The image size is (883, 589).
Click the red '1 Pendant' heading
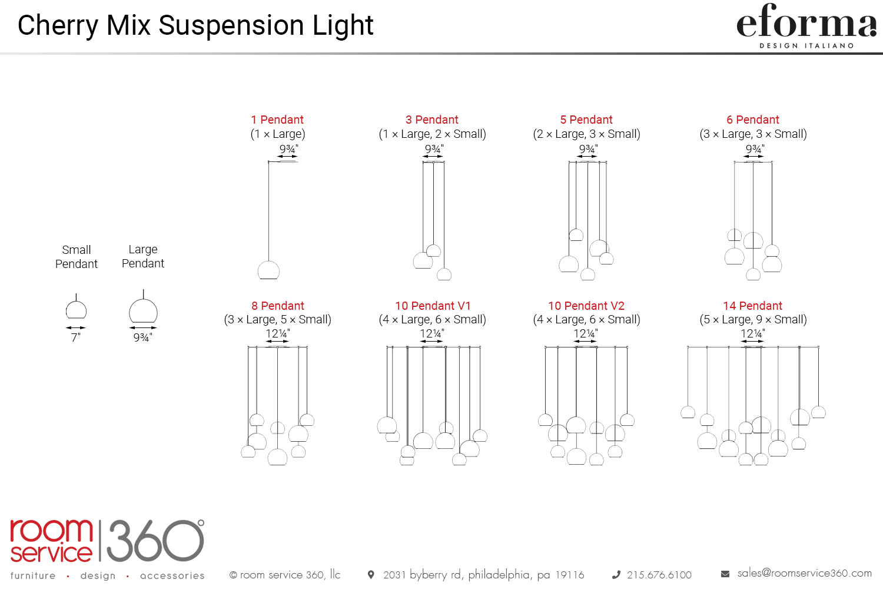tap(277, 120)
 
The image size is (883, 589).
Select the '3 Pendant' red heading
tap(432, 120)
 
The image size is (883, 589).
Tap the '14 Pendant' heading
tap(752, 306)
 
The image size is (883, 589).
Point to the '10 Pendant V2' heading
tap(586, 306)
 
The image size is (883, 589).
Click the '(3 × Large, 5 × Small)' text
tap(277, 320)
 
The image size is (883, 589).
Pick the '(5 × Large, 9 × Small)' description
tap(753, 320)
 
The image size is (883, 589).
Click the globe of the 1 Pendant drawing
tap(268, 270)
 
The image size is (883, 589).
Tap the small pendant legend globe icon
tap(76, 309)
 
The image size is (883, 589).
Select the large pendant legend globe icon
tap(143, 311)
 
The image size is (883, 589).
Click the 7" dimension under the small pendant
tap(76, 337)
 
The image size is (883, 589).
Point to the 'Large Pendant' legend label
tap(142, 256)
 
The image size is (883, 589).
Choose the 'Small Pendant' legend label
tap(77, 257)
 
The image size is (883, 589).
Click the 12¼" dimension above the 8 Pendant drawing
tap(277, 334)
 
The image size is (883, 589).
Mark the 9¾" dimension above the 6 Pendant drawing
tap(755, 150)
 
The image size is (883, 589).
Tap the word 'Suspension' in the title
tap(231, 25)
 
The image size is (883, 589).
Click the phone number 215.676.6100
tap(659, 575)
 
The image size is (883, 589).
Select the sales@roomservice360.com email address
tap(805, 573)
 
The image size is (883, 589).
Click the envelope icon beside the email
tap(725, 574)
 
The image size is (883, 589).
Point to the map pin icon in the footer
tap(370, 574)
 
